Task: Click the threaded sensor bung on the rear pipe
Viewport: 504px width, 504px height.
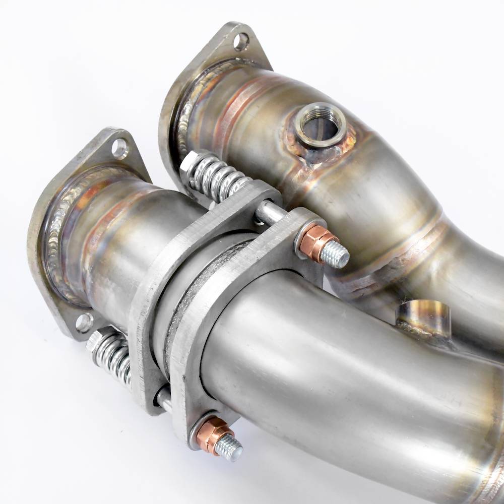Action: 321,124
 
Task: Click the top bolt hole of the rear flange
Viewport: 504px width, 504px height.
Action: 241,41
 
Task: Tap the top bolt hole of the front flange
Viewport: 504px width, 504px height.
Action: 119,148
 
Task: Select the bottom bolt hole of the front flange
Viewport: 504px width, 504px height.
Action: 84,322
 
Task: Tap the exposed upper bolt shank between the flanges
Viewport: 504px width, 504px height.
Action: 270,212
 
